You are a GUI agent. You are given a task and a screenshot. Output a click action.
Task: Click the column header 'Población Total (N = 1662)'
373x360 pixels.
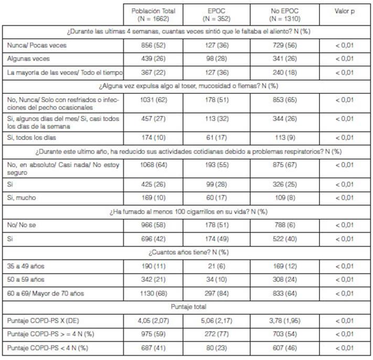click(153, 15)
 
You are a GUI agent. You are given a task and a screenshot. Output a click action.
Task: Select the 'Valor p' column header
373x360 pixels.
click(345, 11)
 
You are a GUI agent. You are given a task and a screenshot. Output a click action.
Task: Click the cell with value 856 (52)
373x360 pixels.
click(153, 46)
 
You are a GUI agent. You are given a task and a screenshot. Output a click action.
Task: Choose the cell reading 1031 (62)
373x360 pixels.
click(153, 99)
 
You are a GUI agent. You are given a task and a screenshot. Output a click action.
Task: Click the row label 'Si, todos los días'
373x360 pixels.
click(31, 138)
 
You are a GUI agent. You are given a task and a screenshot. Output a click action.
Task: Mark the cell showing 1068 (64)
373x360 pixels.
click(153, 165)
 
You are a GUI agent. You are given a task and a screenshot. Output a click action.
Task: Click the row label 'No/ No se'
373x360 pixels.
click(22, 225)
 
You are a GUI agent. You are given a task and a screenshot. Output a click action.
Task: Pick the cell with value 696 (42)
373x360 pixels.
click(153, 238)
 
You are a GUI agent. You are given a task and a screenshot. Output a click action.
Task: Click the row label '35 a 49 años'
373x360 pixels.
click(26, 266)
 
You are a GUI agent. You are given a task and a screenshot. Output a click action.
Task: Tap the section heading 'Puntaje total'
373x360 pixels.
click(186, 306)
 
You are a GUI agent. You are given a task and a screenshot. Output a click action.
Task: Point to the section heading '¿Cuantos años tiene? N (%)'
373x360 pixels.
click(186, 252)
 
